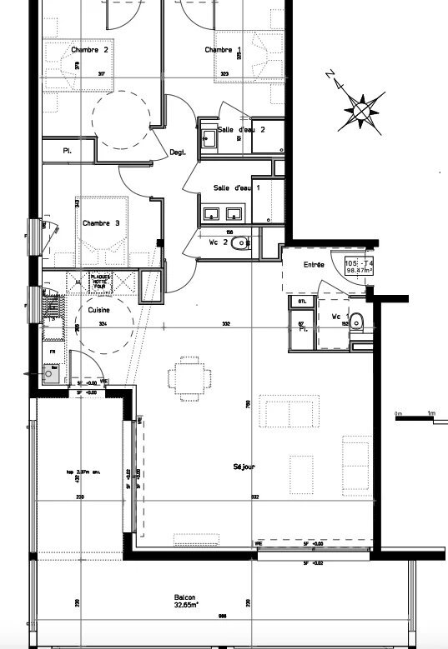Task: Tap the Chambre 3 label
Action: coord(100,223)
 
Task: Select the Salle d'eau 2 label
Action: coord(241,130)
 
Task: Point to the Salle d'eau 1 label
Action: coord(237,188)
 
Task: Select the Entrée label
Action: coord(314,264)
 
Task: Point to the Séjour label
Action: coord(244,467)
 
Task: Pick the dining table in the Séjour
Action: coord(186,377)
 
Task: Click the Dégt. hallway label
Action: coord(177,152)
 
